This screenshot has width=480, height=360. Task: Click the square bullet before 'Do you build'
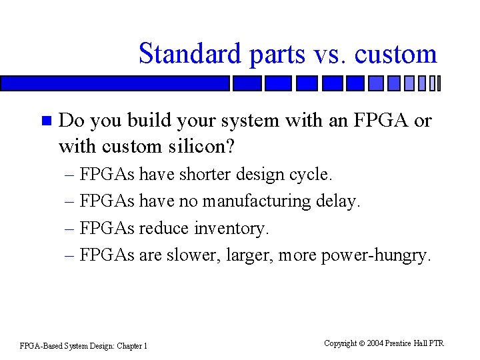point(45,121)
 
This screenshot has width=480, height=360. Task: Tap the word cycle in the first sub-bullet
point(311,175)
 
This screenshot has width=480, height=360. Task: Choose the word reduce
point(164,228)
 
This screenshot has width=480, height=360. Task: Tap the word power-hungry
point(376,255)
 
